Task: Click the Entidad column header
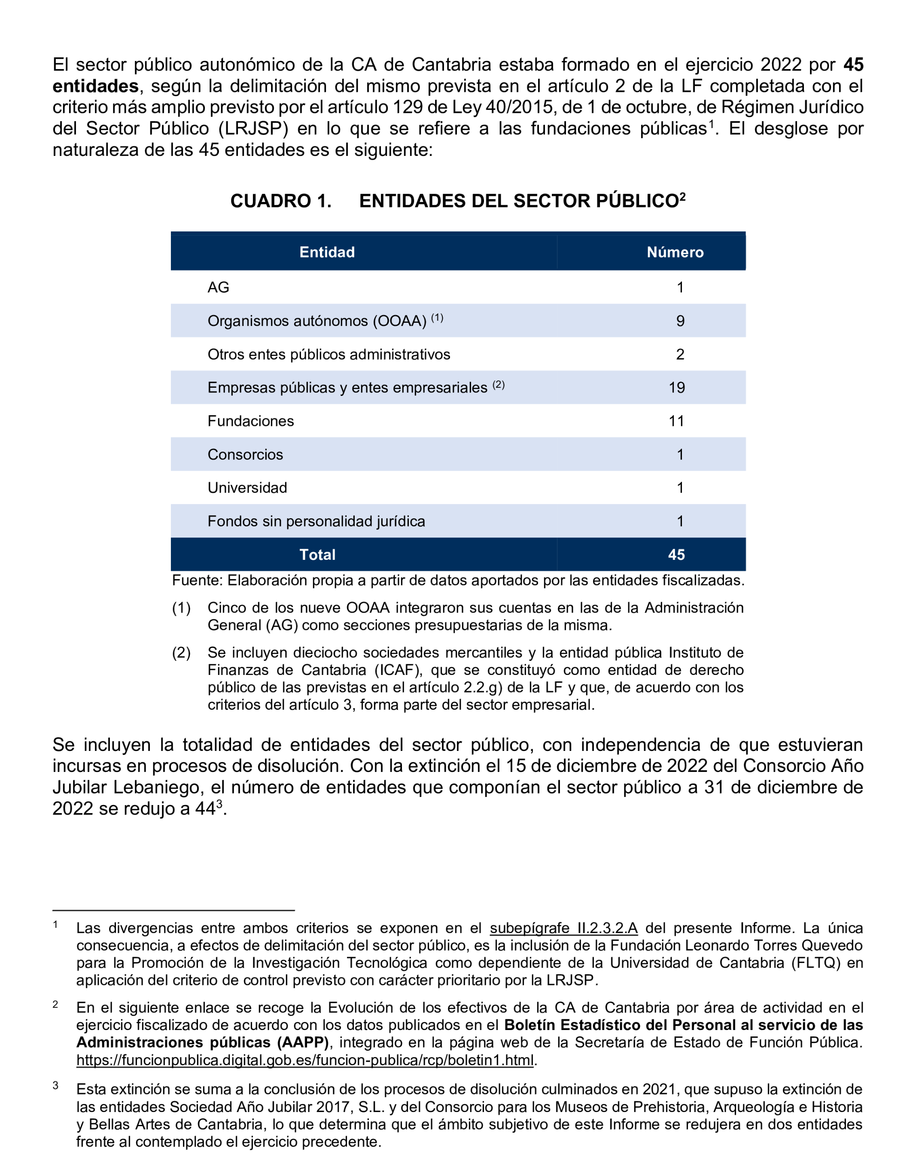pos(327,252)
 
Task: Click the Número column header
pos(675,252)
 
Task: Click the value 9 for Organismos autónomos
pos(680,321)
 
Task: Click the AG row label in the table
pos(218,287)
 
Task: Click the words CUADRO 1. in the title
pos(280,201)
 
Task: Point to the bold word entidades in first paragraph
pos(96,86)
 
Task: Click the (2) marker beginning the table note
pos(181,653)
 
